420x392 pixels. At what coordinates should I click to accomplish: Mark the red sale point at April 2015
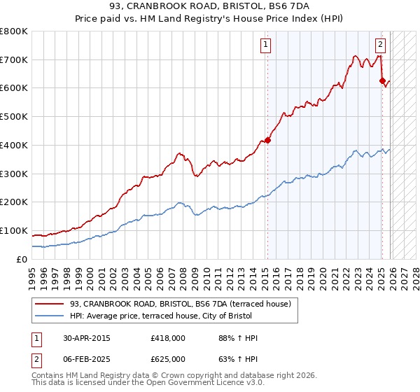[267, 140]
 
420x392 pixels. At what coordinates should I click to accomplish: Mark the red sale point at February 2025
[382, 80]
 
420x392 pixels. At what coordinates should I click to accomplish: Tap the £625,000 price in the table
[168, 358]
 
